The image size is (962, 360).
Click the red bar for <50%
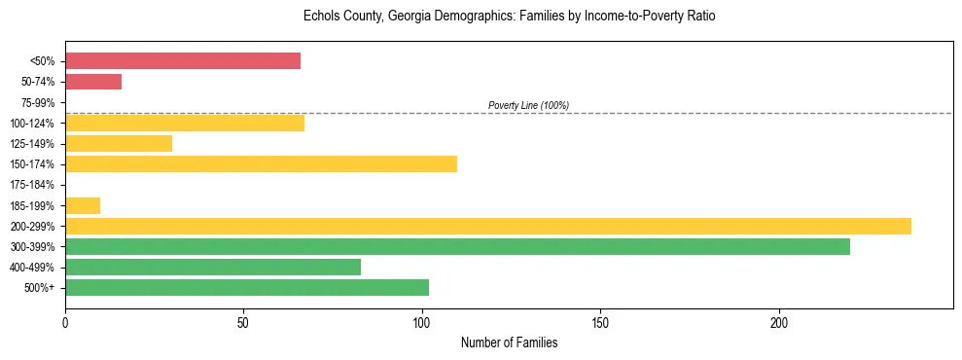[x=183, y=61]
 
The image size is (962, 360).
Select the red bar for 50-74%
[x=93, y=82]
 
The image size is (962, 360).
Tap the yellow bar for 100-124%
[x=185, y=123]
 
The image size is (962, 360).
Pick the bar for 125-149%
[x=119, y=144]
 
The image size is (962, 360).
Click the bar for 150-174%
[x=261, y=164]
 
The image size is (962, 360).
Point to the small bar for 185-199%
[x=83, y=205]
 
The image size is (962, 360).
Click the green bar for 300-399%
[x=457, y=247]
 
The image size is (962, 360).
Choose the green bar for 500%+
[x=247, y=288]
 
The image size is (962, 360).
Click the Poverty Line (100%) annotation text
[x=528, y=105]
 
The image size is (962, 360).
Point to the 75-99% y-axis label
[x=37, y=103]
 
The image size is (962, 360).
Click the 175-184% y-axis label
[x=34, y=185]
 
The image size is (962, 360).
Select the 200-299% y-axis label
[x=34, y=227]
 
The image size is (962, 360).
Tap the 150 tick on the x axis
[x=601, y=322]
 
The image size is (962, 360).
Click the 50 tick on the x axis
[x=243, y=322]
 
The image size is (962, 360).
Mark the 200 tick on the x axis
[x=779, y=322]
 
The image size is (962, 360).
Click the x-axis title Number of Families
[x=509, y=342]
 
